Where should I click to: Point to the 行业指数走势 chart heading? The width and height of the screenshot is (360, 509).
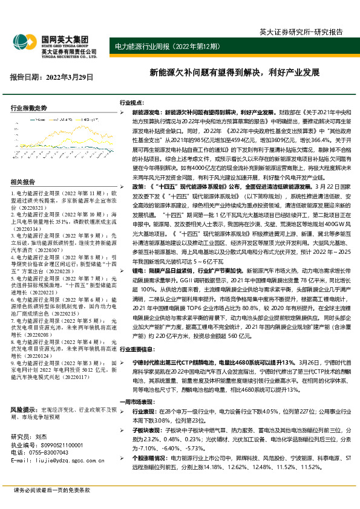(28, 108)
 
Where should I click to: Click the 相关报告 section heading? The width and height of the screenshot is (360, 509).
(23, 182)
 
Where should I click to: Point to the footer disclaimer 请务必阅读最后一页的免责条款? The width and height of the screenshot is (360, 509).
(51, 489)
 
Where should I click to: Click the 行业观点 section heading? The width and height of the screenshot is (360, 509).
(131, 103)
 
